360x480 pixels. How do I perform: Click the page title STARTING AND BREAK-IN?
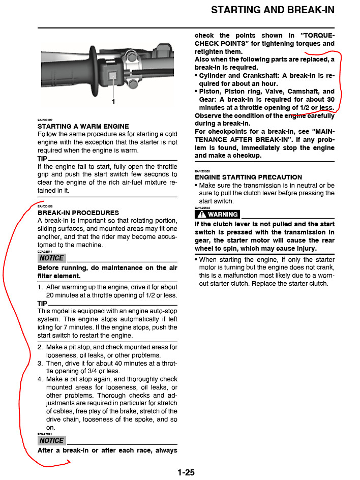273,10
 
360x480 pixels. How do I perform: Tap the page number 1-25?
186,472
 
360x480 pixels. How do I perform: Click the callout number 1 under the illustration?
113,102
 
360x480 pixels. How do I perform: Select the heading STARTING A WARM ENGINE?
83,126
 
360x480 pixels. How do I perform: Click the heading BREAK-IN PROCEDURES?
78,213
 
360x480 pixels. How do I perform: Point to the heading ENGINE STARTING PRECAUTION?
248,177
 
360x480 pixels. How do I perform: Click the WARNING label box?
218,215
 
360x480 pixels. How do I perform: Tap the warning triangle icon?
201,215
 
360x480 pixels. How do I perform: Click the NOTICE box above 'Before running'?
52,258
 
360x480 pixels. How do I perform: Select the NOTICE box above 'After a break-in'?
52,440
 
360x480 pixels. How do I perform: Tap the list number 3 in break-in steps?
40,363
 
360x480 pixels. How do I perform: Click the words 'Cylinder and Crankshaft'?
237,76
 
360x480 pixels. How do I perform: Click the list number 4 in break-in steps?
40,379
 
